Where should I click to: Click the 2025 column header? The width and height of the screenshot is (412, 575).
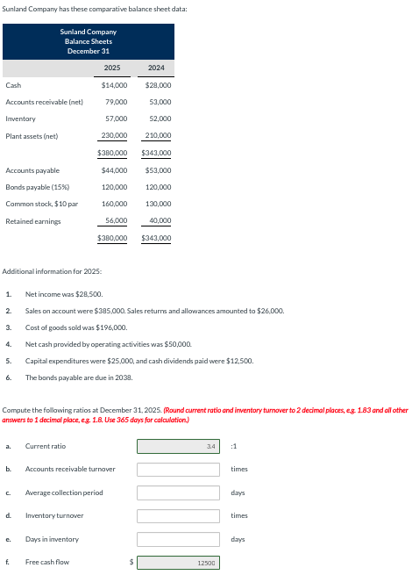coord(112,68)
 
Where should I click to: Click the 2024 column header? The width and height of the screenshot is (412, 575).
coord(156,68)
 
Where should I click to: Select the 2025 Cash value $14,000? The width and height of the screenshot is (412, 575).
coord(114,85)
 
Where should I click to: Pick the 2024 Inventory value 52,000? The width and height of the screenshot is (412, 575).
coord(160,119)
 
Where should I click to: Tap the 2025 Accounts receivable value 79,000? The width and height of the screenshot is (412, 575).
coord(116,102)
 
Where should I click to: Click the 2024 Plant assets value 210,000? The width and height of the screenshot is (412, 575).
coord(158,135)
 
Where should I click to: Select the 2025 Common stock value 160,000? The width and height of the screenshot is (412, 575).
coord(114,204)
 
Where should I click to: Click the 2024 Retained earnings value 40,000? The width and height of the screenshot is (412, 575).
coord(160,220)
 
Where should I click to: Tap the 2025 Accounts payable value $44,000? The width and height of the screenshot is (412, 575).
coord(114,170)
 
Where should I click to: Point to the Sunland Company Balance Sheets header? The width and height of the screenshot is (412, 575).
coord(88,40)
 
